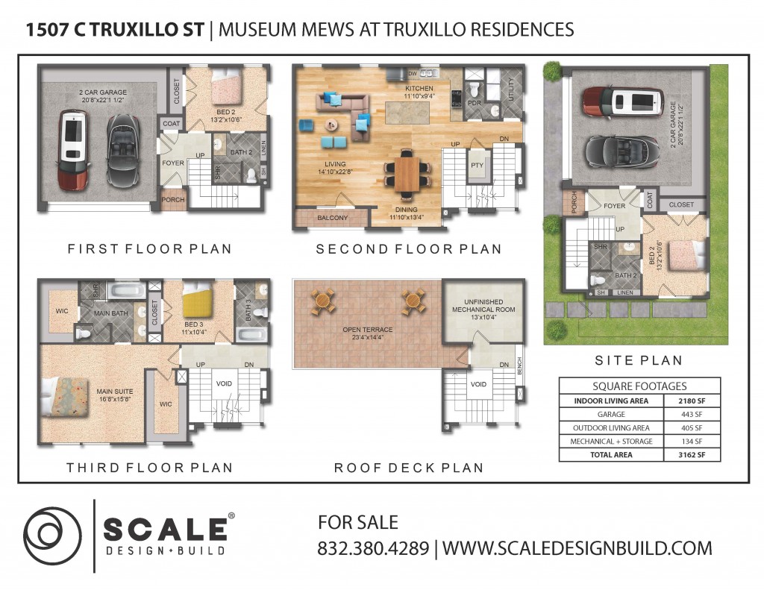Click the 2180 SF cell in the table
(x=692, y=401)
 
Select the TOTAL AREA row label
(x=611, y=454)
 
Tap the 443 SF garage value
(x=692, y=415)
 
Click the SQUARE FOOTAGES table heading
(x=639, y=386)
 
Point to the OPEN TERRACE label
(x=367, y=330)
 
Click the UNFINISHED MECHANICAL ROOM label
(x=483, y=306)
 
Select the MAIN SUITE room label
(x=114, y=392)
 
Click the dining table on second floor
(x=407, y=174)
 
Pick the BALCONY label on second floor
(x=332, y=218)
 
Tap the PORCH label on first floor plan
(x=173, y=200)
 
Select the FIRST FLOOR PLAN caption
(x=149, y=249)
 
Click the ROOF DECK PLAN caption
(x=409, y=468)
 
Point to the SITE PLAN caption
(x=639, y=360)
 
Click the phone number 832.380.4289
(x=373, y=548)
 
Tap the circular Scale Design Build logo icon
(x=53, y=536)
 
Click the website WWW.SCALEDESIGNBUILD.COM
(x=577, y=548)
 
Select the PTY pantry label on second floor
(x=477, y=165)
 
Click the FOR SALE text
(x=358, y=522)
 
